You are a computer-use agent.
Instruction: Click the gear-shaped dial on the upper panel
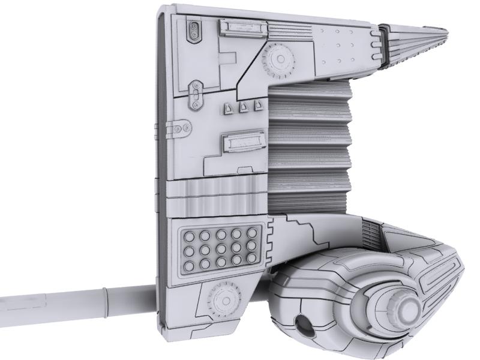(277, 59)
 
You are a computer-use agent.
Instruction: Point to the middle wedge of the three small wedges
(243, 107)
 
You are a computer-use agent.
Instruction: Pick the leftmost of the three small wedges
(229, 107)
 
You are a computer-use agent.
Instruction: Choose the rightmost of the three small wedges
(258, 106)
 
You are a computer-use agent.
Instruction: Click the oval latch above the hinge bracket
(194, 95)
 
